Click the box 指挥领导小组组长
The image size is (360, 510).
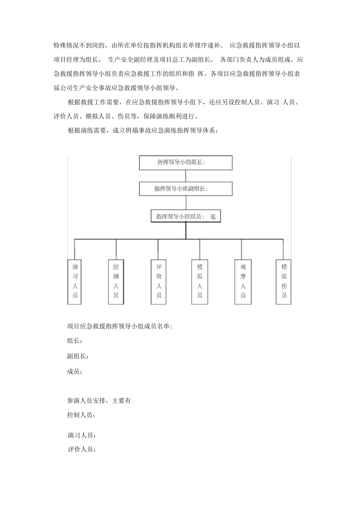point(186,163)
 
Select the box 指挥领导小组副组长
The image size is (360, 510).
point(186,189)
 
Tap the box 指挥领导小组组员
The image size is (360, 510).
point(186,217)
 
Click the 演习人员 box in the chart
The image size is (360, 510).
point(75,281)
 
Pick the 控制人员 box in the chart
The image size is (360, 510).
point(116,281)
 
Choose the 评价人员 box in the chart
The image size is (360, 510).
point(159,281)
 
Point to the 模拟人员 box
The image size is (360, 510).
point(200,281)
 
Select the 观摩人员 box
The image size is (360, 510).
point(243,281)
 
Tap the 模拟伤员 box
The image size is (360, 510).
point(284,281)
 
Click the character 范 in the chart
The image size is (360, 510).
point(213,217)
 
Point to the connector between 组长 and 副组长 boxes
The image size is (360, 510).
point(186,176)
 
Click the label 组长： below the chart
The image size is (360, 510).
point(75,341)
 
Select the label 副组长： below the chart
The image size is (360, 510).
point(78,356)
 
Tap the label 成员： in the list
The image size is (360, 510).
point(75,372)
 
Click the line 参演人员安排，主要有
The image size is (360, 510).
point(99,401)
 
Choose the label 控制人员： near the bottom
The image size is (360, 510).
point(81,415)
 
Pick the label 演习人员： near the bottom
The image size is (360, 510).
point(81,435)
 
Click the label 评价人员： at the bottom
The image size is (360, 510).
point(81,450)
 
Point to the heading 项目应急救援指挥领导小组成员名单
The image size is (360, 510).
point(119,326)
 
